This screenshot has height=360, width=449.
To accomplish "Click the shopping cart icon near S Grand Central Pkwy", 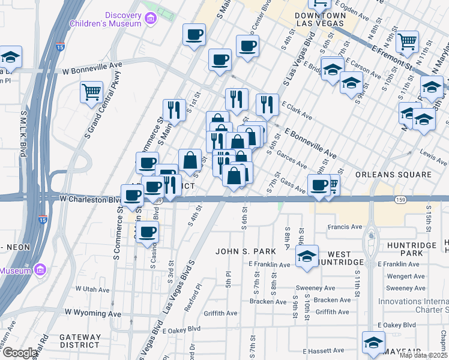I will tap(91, 92).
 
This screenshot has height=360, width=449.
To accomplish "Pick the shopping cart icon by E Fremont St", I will tap(408, 41).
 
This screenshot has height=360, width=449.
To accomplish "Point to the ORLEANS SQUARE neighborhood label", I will tap(393, 175).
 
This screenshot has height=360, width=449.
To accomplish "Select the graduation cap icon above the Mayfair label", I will tap(373, 343).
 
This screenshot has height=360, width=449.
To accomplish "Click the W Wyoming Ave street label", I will tap(93, 313).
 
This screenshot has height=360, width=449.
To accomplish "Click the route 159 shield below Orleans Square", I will tap(398, 199).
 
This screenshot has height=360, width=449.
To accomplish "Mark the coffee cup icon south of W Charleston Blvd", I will tap(146, 232).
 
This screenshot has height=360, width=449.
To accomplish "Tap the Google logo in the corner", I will tap(20, 353).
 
